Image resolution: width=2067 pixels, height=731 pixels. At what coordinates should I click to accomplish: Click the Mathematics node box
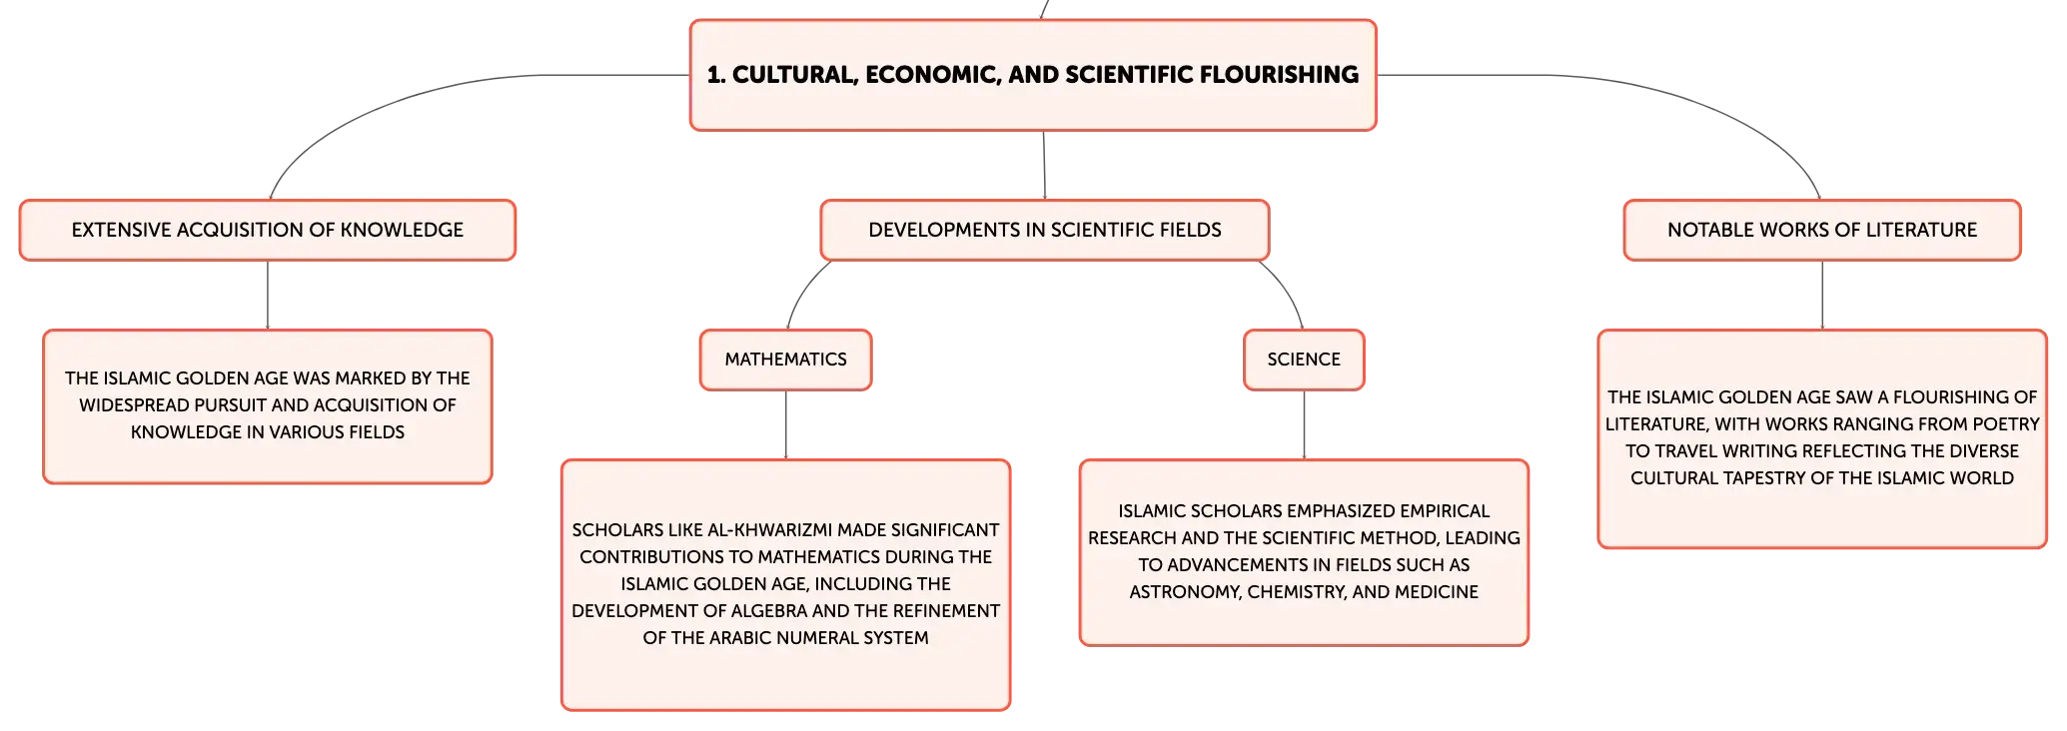point(785,360)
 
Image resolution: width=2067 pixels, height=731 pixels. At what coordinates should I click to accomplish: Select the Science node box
point(1304,360)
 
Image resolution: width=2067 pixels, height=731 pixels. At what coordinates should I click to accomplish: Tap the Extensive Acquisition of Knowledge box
point(268,230)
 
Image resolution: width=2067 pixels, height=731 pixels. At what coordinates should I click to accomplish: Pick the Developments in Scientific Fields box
point(1045,230)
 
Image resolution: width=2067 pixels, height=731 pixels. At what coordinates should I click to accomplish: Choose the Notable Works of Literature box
point(1822,230)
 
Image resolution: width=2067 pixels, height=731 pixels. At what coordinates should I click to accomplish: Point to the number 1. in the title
point(716,75)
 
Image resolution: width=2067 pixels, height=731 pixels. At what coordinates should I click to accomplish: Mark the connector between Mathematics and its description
point(786,425)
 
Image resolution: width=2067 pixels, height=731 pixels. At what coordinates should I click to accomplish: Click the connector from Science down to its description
point(1304,425)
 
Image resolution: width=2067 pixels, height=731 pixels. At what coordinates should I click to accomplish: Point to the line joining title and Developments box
point(1044,166)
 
